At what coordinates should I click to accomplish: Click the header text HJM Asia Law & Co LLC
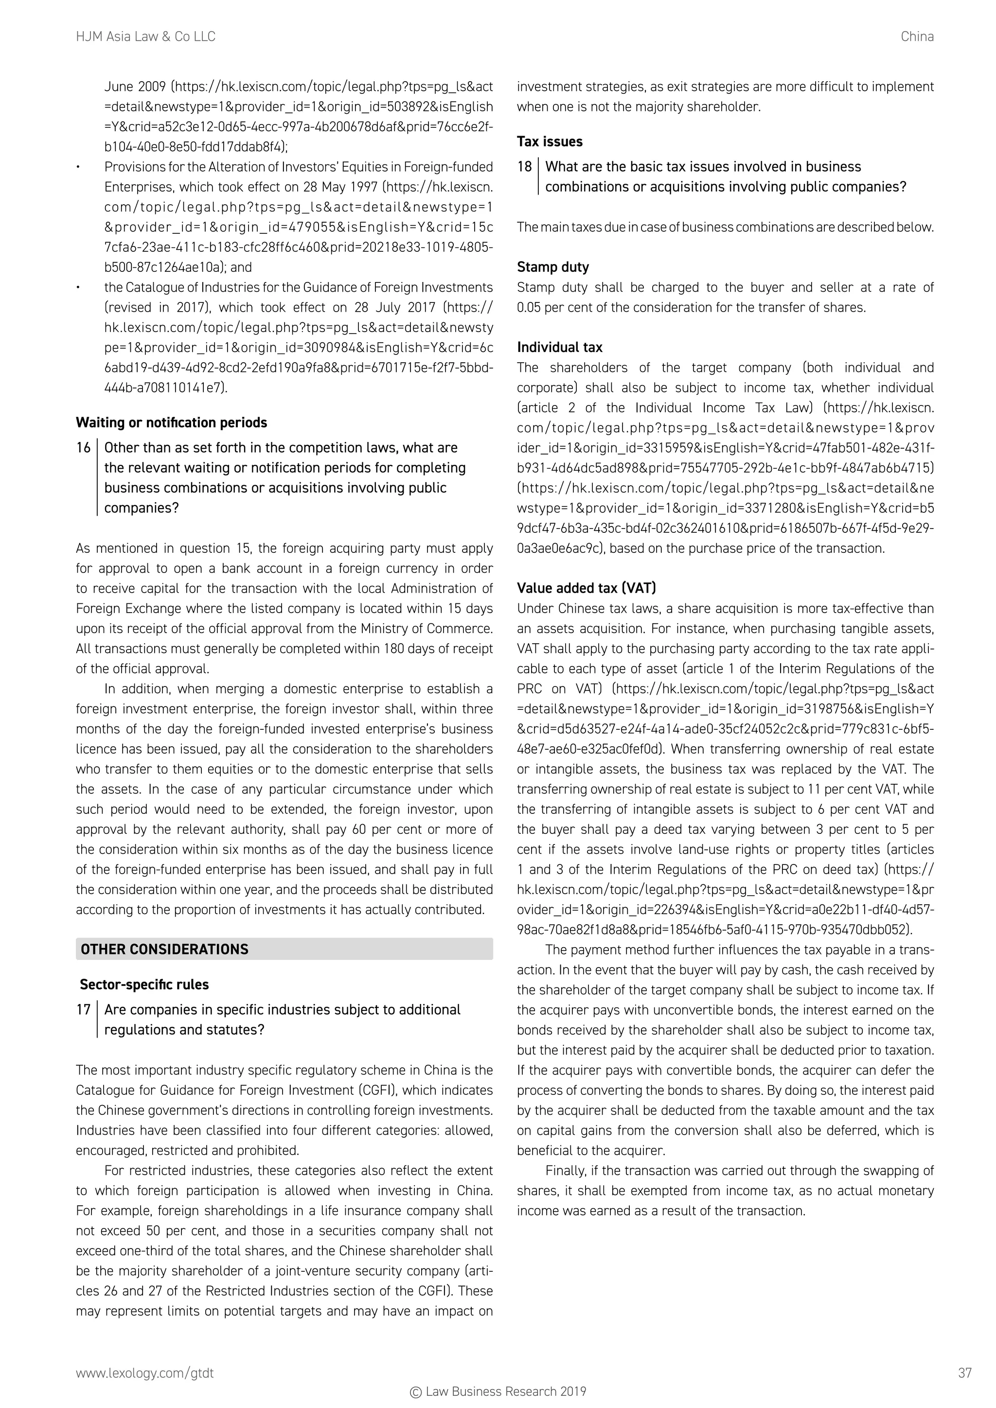(x=145, y=37)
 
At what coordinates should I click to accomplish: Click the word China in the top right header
(x=917, y=37)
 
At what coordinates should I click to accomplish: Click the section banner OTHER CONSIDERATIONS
(x=164, y=950)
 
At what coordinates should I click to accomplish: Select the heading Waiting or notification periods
(x=172, y=422)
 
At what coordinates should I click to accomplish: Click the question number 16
(x=83, y=448)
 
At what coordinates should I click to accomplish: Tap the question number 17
(x=83, y=1009)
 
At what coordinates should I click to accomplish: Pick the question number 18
(x=524, y=167)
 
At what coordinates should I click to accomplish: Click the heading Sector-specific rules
(x=144, y=984)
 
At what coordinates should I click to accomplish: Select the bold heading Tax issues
(x=550, y=141)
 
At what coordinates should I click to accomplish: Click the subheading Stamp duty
(x=552, y=267)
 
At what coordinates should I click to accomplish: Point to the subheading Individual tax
(x=559, y=347)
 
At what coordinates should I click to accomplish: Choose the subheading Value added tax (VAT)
(x=587, y=588)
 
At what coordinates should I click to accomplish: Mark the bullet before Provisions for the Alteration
(x=78, y=167)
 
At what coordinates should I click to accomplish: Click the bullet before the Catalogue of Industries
(x=78, y=288)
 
